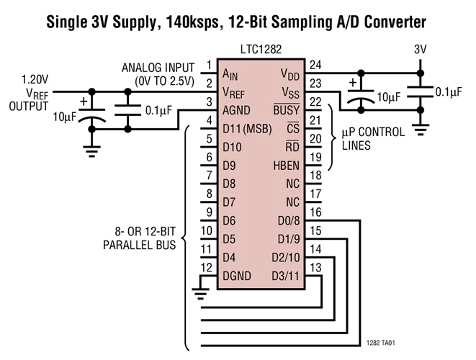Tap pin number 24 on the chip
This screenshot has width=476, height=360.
tap(315, 65)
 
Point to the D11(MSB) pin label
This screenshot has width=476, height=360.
tap(241, 130)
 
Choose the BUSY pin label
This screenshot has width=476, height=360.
tap(286, 110)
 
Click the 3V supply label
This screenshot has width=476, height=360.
tap(420, 51)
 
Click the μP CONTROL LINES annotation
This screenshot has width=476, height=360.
tap(372, 138)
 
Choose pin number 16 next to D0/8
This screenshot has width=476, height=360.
tap(315, 212)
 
